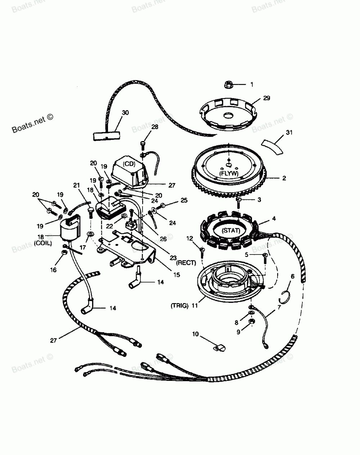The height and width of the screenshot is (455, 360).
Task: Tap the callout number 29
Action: pyautogui.click(x=266, y=98)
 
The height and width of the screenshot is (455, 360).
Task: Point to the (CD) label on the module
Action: pyautogui.click(x=128, y=164)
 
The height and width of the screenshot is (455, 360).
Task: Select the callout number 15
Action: pyautogui.click(x=176, y=275)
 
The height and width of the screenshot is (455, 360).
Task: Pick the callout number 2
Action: pyautogui.click(x=284, y=178)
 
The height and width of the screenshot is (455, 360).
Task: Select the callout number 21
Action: pyautogui.click(x=76, y=185)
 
